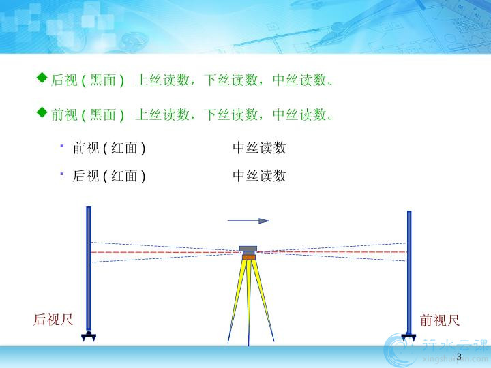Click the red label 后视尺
tap(53, 320)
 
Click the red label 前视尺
tap(440, 320)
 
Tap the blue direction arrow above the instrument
tap(248, 221)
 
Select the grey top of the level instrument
tap(248, 249)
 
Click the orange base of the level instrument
tap(249, 257)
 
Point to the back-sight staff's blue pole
tap(89, 269)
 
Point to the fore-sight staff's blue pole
tap(409, 272)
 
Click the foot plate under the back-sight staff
tap(89, 336)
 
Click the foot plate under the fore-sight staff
tap(408, 337)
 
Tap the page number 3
tap(459, 356)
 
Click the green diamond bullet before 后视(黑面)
tap(42, 78)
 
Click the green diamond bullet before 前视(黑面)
tap(42, 112)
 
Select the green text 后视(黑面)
tap(87, 80)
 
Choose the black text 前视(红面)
tap(108, 148)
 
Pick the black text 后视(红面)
tap(108, 176)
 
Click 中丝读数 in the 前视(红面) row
tap(259, 148)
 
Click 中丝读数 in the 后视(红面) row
tap(259, 176)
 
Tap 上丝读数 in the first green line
tap(162, 80)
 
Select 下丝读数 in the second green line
tap(230, 114)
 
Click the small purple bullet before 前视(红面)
tap(62, 146)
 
